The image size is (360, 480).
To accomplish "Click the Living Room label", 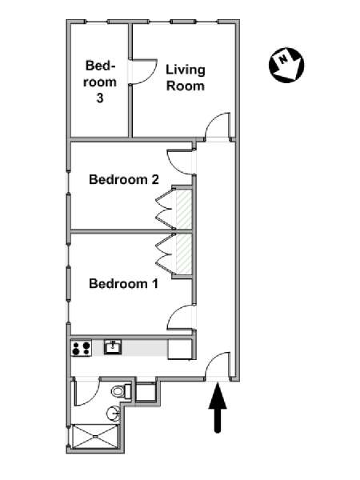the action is (186, 78).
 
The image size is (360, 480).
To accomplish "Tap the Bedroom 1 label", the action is (124, 283).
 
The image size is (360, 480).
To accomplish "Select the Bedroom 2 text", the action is (124, 179).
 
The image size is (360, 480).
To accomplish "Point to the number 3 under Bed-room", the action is (100, 98).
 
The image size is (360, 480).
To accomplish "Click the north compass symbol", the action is (286, 65).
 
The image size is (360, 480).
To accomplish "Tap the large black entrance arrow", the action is (218, 408).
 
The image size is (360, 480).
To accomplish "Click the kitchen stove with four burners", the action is (82, 348).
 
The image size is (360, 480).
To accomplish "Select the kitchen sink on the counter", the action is (113, 347).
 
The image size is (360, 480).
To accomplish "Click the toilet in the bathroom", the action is (121, 391).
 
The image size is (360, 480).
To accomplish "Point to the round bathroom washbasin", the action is (114, 414).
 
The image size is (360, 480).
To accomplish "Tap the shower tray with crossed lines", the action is (95, 437).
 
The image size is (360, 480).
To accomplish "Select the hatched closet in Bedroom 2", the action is (184, 209).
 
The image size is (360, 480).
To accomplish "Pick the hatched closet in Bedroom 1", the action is (184, 254).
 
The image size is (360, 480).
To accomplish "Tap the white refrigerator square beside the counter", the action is (180, 350).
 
